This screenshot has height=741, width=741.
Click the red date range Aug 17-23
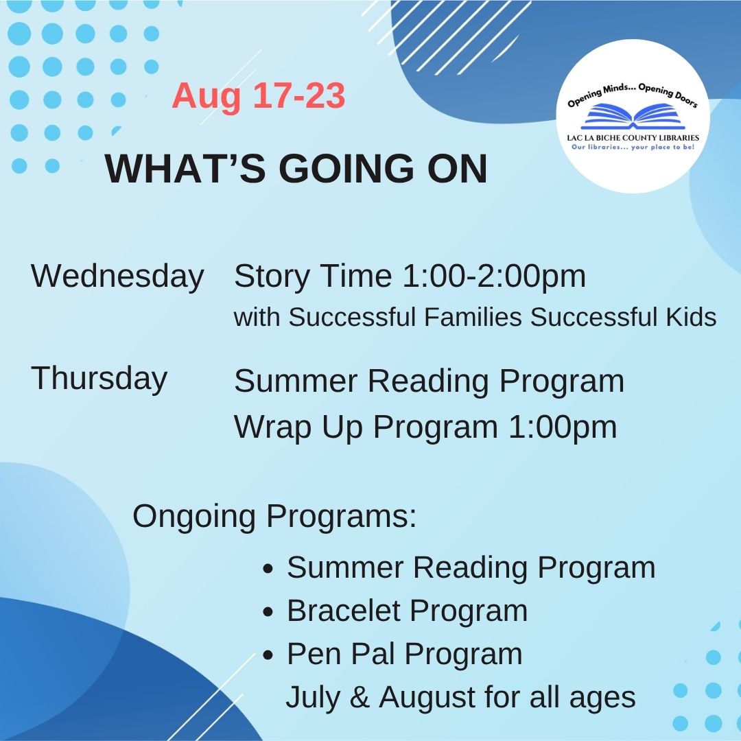tap(258, 96)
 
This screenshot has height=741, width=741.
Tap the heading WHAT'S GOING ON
tap(296, 169)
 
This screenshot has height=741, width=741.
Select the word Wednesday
tap(117, 276)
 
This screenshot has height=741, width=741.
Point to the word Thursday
tap(99, 378)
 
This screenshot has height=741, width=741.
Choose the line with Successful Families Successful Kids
tap(475, 317)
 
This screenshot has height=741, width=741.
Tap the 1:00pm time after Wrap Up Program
tap(562, 427)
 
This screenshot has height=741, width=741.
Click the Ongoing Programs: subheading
tap(274, 516)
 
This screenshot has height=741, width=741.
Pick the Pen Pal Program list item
tap(404, 654)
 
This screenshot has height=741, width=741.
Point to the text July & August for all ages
tap(460, 698)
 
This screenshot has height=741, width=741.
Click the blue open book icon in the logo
tap(632, 117)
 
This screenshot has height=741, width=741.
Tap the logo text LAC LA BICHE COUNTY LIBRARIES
tap(633, 137)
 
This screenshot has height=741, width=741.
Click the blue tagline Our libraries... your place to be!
tap(632, 147)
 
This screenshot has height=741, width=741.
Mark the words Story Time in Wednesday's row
tap(313, 276)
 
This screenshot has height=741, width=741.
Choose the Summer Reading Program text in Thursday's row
tap(429, 381)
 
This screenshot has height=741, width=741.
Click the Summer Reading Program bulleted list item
tap(471, 567)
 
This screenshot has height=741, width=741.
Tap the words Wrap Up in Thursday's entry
tap(299, 427)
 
